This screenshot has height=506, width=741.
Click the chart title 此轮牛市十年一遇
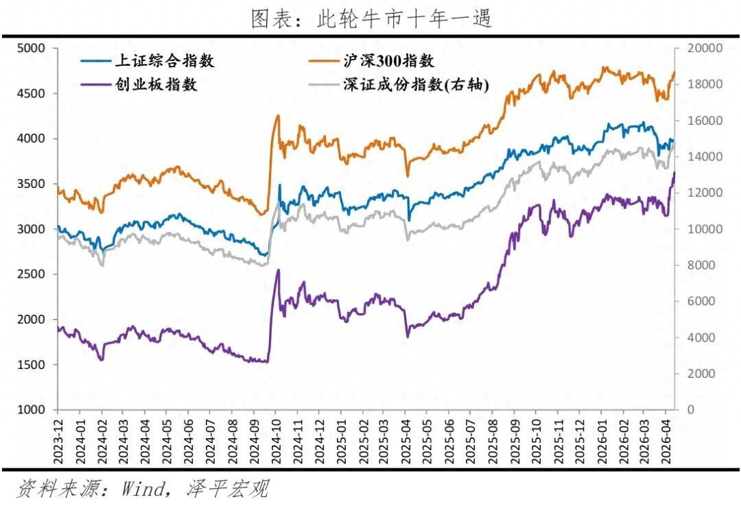pos(371,19)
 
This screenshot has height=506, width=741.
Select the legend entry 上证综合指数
pos(165,61)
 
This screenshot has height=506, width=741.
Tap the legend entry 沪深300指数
pos(389,61)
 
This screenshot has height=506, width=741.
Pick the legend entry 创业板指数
pos(156,85)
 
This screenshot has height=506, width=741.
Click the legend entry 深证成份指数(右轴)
pos(415,85)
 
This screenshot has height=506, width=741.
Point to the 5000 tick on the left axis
pos(31,48)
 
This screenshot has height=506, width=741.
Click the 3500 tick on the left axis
pos(31,184)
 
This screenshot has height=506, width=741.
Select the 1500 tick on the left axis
pos(31,365)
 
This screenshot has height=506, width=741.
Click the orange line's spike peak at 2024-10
pos(278,115)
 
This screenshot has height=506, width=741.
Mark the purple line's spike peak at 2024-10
pos(278,269)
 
